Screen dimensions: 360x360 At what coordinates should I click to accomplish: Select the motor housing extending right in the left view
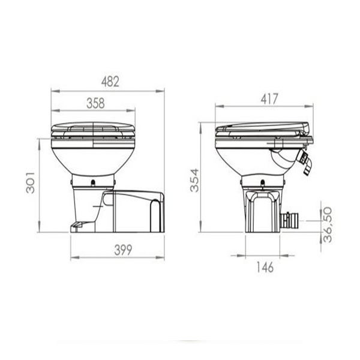135,211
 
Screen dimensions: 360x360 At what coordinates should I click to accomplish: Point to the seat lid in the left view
92,128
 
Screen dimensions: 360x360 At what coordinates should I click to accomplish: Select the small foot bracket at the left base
77,226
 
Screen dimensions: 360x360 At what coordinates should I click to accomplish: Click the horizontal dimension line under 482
108,91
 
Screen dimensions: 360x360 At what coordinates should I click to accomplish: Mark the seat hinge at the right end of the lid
305,128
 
